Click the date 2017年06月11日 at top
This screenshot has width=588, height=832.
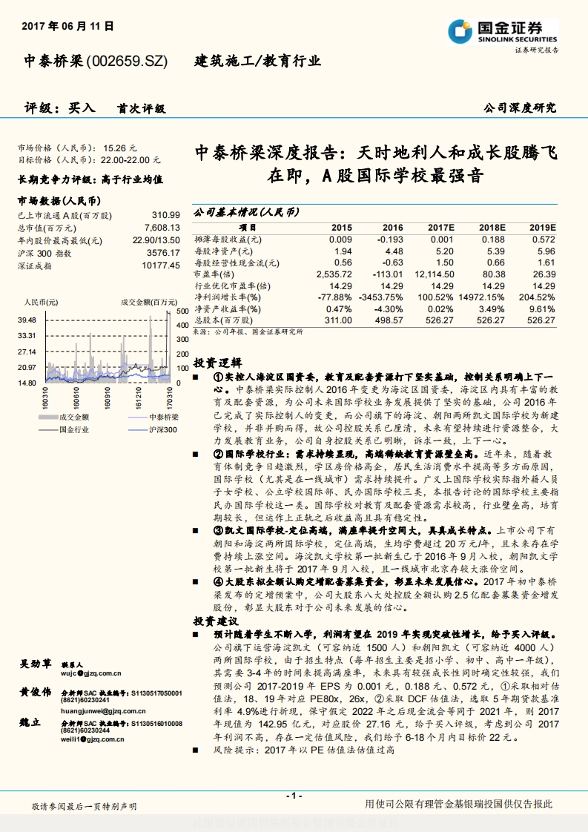(68, 26)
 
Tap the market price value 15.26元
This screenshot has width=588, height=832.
(120, 148)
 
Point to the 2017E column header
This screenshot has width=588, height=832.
(440, 227)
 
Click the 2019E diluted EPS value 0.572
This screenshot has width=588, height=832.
(543, 240)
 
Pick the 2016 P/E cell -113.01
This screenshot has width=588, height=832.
(389, 274)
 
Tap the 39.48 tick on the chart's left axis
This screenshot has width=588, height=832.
(27, 320)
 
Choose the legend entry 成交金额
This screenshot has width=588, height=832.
(74, 417)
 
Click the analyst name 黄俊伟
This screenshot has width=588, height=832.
(36, 692)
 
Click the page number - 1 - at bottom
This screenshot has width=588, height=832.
(294, 796)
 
